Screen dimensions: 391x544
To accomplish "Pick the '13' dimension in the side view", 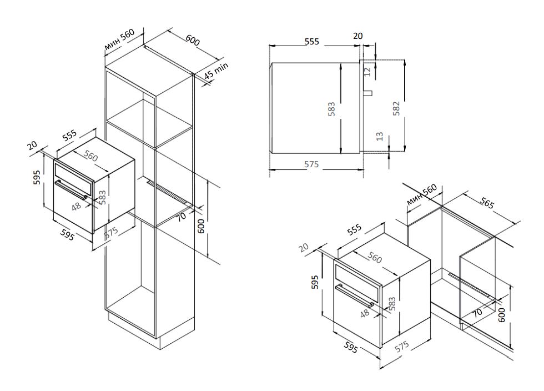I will (x=380, y=136).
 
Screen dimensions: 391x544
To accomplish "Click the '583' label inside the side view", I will (x=331, y=108).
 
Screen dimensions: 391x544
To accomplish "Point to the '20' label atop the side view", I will (x=358, y=36).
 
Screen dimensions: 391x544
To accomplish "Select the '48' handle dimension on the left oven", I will (x=77, y=206).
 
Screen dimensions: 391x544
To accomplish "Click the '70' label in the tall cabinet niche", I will (x=182, y=217).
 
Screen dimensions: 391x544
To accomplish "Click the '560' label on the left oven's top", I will (x=90, y=157).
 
